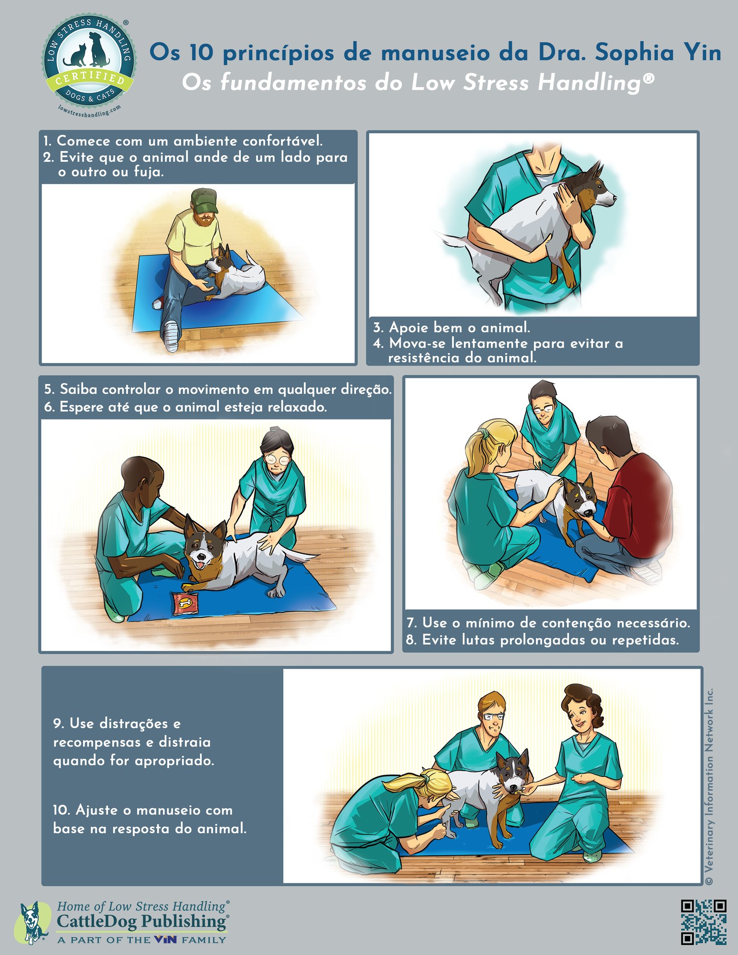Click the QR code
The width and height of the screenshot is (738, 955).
704,922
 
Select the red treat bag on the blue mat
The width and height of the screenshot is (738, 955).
185,603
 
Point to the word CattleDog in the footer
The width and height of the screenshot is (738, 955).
96,921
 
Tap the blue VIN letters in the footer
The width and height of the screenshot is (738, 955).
165,940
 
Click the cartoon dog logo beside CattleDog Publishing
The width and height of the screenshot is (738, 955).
33,922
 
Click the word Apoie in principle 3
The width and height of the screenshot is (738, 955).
406,328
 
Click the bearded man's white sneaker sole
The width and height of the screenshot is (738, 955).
171,336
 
